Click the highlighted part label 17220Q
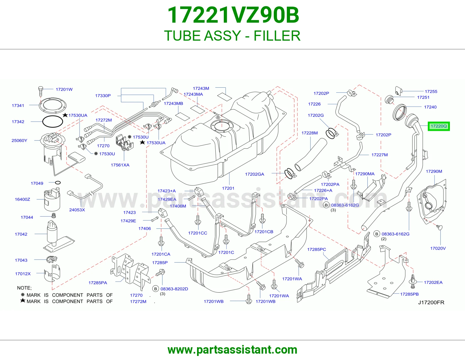pos(439,126)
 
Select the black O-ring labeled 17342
pos(52,121)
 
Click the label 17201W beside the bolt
pos(64,89)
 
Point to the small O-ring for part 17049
pos(58,183)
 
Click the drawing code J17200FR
pos(431,302)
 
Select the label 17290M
pos(434,171)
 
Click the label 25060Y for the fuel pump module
pos(19,141)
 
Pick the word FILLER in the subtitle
pos(277,36)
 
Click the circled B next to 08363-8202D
pos(155,289)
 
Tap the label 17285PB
pos(409,294)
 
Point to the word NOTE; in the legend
pos(24,288)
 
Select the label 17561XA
pos(120,165)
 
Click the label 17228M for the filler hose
pos(310,133)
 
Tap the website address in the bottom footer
pos(233,350)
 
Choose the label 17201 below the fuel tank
pos(228,188)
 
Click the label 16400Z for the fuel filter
pos(22,199)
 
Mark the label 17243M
pos(201,88)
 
